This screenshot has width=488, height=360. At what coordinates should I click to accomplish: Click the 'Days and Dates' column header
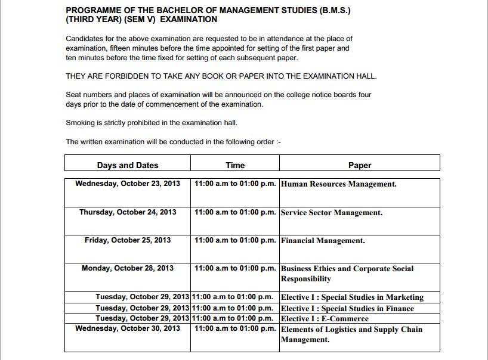click(128, 165)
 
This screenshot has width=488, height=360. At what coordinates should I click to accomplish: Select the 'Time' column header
click(235, 165)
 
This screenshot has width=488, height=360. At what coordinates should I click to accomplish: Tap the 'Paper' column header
click(360, 165)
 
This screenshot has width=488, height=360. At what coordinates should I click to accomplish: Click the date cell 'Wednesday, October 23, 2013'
click(128, 184)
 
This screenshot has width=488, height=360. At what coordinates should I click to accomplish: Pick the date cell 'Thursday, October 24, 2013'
click(128, 212)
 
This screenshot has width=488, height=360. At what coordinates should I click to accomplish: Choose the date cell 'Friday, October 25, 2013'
click(128, 240)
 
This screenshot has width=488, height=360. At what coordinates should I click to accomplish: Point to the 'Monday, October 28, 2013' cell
click(128, 268)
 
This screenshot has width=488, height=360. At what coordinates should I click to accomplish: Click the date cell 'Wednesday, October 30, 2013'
click(128, 328)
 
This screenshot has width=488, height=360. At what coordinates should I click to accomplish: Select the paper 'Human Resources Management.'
click(339, 184)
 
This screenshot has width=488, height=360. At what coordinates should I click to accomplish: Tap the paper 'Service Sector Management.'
click(332, 213)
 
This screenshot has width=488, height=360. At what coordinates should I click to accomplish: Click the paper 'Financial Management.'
click(323, 241)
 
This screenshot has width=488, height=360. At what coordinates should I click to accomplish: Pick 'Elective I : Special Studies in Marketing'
click(352, 297)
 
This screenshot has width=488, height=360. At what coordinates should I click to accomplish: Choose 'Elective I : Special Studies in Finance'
click(347, 308)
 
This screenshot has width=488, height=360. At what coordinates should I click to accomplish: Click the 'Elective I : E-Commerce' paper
click(325, 318)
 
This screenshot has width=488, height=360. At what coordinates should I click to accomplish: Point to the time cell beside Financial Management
click(235, 240)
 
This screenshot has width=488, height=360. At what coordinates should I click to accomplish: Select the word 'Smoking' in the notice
click(80, 123)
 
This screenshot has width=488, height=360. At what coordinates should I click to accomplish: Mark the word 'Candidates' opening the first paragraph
click(84, 39)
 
